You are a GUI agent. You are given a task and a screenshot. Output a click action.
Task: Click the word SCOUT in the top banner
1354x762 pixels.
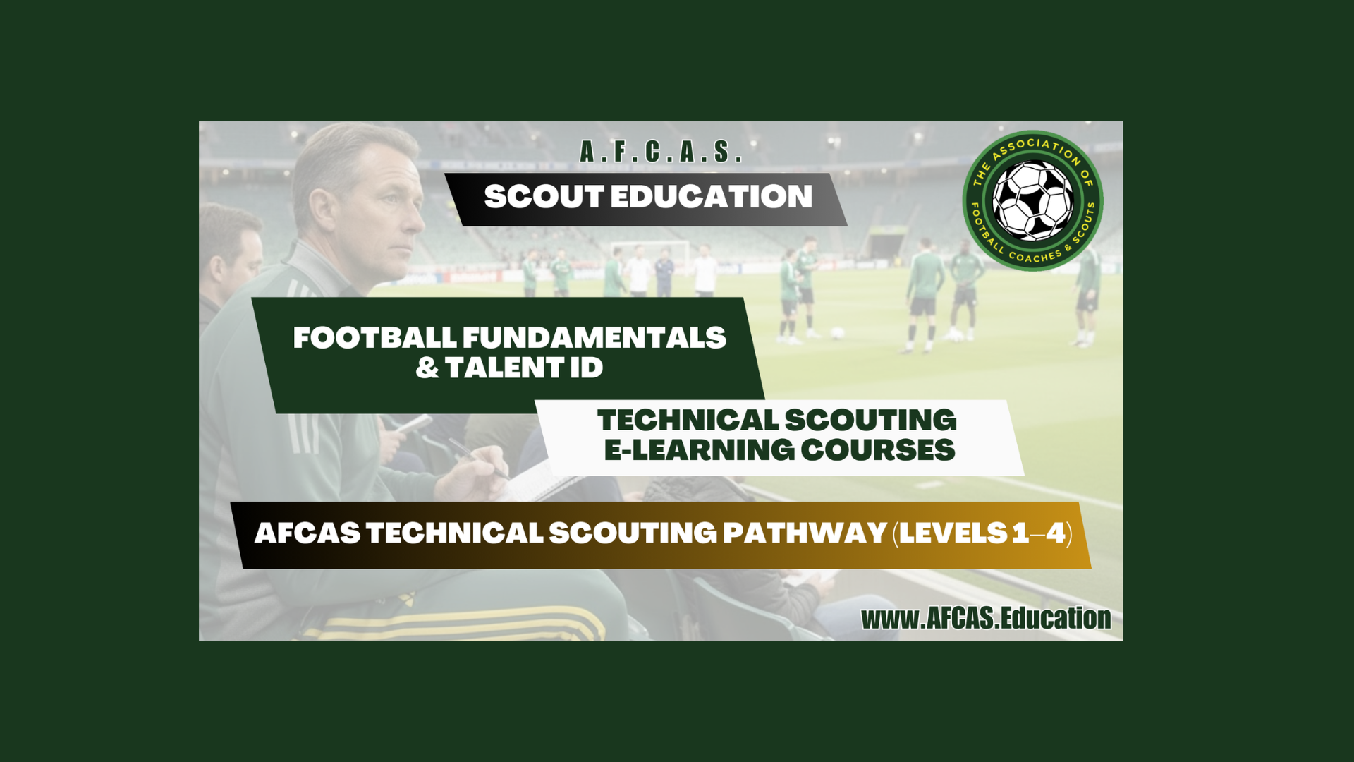(544, 197)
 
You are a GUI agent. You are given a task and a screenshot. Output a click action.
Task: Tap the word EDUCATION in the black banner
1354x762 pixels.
(712, 197)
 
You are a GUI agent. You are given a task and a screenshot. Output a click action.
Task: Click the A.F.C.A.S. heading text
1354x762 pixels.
(661, 152)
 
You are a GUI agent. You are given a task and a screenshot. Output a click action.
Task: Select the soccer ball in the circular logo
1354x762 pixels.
(1032, 200)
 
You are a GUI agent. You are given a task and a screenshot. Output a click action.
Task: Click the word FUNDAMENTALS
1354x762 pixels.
(594, 338)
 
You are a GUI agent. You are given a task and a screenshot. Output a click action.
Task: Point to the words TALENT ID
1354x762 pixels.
(524, 368)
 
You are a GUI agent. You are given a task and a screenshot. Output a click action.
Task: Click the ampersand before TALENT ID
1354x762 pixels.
(427, 368)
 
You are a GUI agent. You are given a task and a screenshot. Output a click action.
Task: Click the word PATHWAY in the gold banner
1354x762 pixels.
(805, 533)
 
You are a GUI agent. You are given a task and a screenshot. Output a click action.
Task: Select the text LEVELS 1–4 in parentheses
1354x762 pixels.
(982, 533)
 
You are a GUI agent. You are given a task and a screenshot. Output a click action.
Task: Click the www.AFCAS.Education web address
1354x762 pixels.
(986, 619)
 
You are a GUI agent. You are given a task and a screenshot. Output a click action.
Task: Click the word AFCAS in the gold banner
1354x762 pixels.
(307, 533)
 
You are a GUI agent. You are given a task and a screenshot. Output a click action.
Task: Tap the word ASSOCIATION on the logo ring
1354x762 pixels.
(1034, 150)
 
